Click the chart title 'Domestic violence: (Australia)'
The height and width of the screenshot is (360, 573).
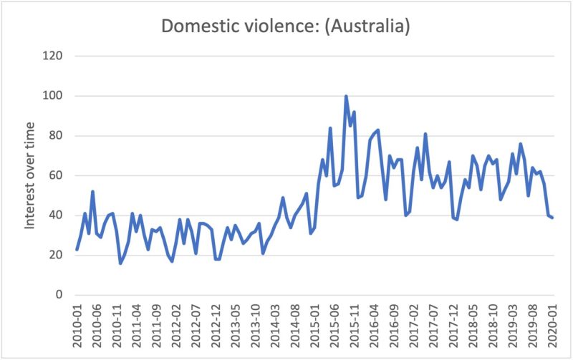click(285, 26)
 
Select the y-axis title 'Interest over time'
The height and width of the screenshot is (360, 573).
click(30, 176)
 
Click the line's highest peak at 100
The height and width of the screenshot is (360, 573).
click(346, 96)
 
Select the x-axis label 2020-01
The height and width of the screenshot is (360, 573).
click(552, 326)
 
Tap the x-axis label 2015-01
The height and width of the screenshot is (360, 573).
click(315, 326)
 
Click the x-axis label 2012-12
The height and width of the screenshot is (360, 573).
click(216, 326)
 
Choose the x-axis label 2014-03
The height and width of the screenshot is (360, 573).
click(276, 326)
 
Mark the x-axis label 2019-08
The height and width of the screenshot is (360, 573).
click(533, 326)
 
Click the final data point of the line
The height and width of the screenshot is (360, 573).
click(552, 218)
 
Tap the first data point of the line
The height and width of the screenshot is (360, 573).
click(77, 249)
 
